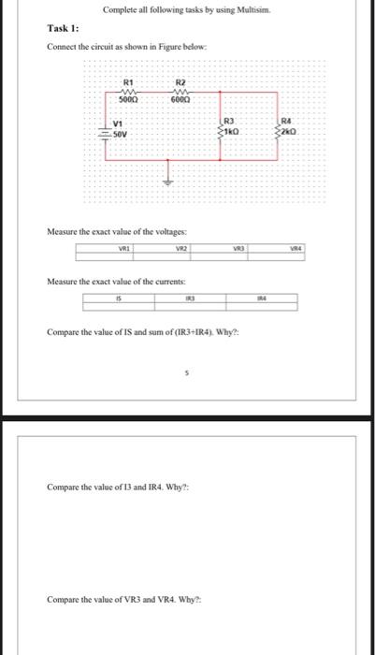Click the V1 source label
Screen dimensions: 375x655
tap(119, 124)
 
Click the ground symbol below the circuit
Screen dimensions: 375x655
tap(169, 177)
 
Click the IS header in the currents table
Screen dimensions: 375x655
tap(119, 299)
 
